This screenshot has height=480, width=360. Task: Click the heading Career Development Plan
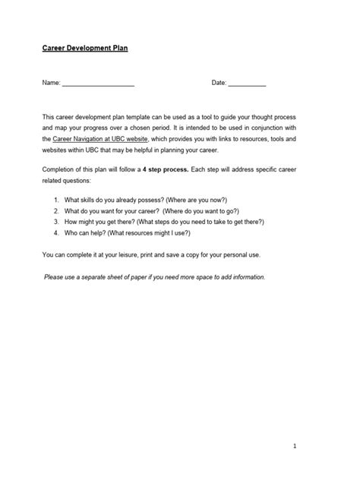point(85,48)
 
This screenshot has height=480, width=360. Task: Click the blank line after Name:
point(98,83)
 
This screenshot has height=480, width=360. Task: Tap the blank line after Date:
point(247,83)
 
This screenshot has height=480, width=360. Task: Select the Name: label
point(50,82)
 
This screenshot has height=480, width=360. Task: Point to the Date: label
point(219,82)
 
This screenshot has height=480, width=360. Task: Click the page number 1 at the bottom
point(315,447)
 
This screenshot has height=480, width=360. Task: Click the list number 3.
point(57,222)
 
